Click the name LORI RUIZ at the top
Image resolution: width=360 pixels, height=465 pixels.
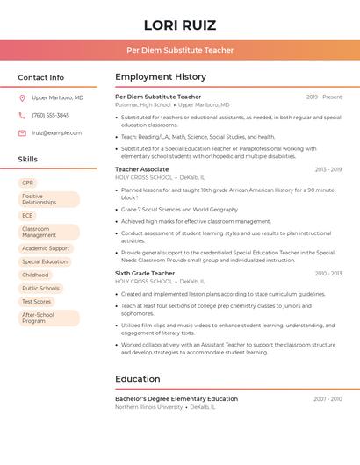[x=179, y=25]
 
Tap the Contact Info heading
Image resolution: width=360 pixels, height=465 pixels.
[x=41, y=77]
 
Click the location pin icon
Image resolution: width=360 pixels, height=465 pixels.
[x=22, y=98]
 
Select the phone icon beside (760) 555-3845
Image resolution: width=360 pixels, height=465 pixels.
[x=22, y=116]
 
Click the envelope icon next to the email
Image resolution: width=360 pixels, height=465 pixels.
[x=22, y=133]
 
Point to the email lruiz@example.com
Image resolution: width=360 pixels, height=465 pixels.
[x=56, y=133]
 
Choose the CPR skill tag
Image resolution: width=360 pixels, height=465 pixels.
[x=27, y=182]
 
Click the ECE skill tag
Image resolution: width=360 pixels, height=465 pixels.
[x=27, y=216]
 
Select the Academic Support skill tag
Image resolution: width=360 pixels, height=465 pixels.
[x=46, y=248]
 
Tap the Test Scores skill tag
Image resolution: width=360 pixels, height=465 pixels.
[x=37, y=301]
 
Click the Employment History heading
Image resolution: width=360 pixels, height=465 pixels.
[x=161, y=77]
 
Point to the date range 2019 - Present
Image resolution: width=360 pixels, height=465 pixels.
[x=324, y=97]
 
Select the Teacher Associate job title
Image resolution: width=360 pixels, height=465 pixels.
[x=141, y=169]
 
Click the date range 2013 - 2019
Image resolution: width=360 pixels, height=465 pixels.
[x=328, y=169]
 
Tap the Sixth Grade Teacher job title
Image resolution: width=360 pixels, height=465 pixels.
[x=145, y=274]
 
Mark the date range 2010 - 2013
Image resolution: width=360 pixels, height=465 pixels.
[x=328, y=274]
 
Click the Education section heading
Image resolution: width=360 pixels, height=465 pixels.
[x=138, y=379]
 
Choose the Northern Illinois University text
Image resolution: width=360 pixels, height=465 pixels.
[x=149, y=407]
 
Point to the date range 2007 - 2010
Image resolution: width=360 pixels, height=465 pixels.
[x=328, y=398]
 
